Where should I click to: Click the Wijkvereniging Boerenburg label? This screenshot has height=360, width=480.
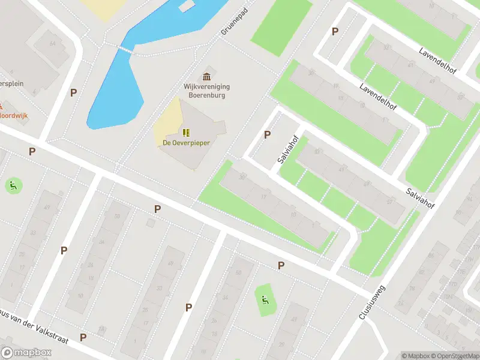206,91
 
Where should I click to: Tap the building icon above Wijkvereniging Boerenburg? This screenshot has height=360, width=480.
207,76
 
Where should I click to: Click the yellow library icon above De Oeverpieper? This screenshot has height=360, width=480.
186,132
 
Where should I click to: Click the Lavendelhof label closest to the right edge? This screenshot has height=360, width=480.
438,61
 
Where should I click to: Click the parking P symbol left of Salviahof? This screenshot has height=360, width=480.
267,135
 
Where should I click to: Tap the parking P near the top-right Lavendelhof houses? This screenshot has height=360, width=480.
335,32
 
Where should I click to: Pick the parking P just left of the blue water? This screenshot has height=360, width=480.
73,92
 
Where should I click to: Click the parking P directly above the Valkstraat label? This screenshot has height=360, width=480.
64,250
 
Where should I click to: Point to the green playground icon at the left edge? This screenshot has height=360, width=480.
13,185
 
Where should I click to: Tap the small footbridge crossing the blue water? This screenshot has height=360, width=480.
125,50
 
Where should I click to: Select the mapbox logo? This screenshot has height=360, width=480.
26,353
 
